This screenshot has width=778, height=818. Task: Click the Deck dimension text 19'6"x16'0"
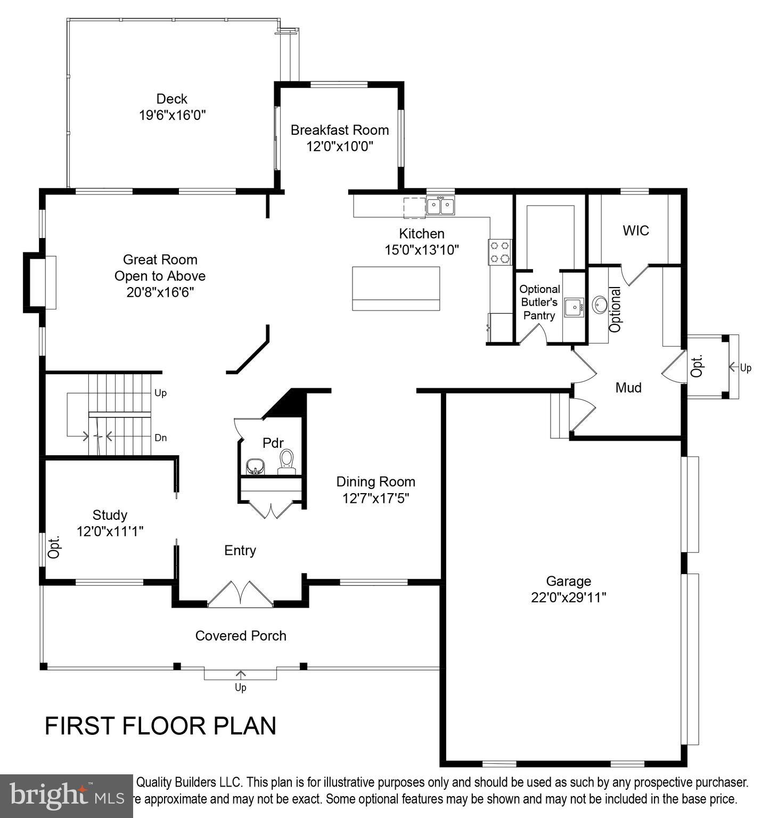[172, 115]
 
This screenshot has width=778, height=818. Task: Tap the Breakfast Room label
[339, 130]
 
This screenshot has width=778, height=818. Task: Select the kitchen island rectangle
[396, 288]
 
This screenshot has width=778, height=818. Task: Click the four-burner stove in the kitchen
[499, 252]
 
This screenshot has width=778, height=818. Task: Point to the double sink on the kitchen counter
[440, 206]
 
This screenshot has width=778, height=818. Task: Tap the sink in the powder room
[256, 466]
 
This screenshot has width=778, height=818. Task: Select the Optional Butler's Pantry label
[539, 302]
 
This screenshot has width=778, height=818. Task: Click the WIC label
[636, 231]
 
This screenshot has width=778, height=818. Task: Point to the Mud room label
[628, 388]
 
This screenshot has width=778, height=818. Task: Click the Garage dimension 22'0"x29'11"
[568, 598]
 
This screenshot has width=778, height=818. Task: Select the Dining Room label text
[375, 482]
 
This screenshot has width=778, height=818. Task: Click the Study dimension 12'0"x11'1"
[110, 531]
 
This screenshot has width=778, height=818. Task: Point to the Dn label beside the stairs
[160, 438]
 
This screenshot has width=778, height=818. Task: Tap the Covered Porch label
[241, 636]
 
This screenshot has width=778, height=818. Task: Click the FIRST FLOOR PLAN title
[160, 726]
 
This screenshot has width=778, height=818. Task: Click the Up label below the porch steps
[241, 688]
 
